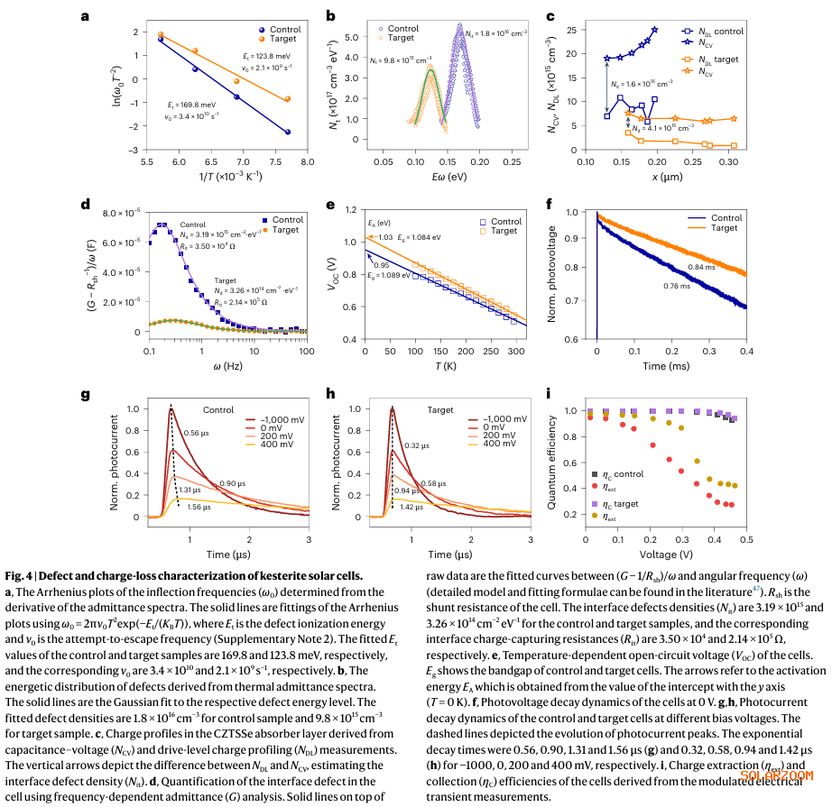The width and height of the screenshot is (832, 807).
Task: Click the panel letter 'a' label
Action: (x=86, y=16)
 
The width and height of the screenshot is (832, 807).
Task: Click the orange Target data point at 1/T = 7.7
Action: (x=288, y=99)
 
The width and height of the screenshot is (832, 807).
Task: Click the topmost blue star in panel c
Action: (x=654, y=30)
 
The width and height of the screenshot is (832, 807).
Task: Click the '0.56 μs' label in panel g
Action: (x=197, y=434)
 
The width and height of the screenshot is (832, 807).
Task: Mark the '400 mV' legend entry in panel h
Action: (x=498, y=444)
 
